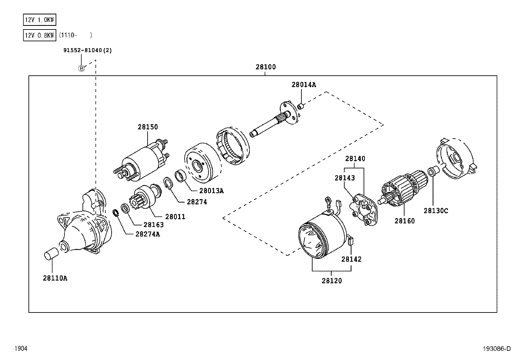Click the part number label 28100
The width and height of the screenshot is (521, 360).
[265, 67]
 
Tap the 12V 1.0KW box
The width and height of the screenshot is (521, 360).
[39, 20]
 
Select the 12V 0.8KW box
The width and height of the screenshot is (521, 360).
[39, 35]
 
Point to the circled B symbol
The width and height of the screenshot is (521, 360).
[81, 68]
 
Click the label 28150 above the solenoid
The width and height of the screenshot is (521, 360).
[148, 127]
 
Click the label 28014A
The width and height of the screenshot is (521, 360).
[304, 85]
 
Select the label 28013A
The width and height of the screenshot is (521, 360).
[211, 191]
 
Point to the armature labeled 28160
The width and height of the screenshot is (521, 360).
[404, 190]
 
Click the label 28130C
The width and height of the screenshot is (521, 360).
[436, 211]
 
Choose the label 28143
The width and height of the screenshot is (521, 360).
[345, 178]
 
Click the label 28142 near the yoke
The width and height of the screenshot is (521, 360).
[351, 259]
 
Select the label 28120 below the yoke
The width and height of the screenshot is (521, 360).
[332, 281]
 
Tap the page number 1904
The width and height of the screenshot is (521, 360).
[20, 349]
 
